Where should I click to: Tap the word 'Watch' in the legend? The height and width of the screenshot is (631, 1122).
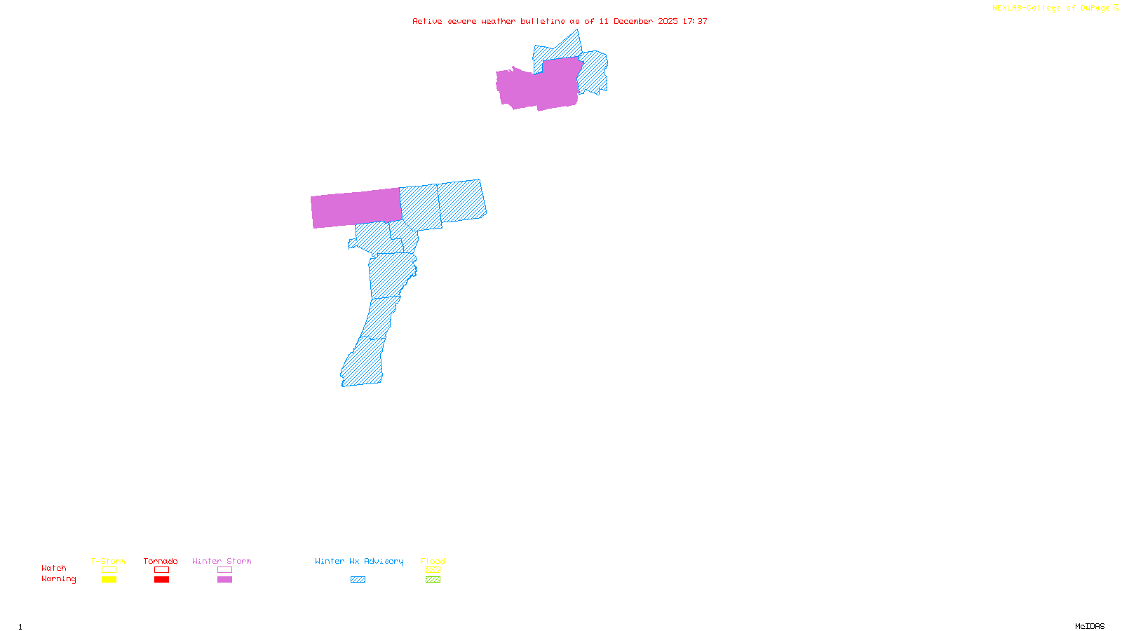(x=54, y=568)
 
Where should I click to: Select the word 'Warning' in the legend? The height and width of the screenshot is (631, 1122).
(x=58, y=579)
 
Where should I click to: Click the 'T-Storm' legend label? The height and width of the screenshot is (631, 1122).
(x=108, y=561)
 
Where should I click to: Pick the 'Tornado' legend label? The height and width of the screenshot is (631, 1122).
(x=161, y=561)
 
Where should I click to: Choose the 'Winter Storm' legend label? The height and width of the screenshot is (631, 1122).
(x=222, y=561)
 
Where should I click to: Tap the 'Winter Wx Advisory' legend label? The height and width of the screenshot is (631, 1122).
(x=359, y=561)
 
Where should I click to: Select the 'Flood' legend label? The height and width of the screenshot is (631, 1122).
(x=433, y=561)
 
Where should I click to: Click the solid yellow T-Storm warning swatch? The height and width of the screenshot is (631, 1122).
(x=109, y=580)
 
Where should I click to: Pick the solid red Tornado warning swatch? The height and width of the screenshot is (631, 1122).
(x=162, y=580)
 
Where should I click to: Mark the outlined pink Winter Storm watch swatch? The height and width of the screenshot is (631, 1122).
(x=224, y=570)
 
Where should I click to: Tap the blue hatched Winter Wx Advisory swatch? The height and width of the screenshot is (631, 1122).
(x=358, y=580)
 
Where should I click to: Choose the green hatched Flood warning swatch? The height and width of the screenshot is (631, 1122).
(x=433, y=580)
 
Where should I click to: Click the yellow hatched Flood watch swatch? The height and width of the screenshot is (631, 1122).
(x=433, y=570)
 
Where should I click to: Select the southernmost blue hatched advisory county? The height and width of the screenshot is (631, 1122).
(x=363, y=365)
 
